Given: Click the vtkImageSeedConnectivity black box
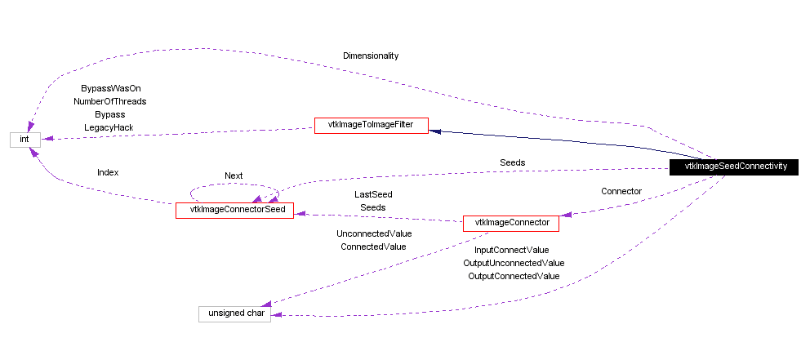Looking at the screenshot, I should click(x=736, y=166).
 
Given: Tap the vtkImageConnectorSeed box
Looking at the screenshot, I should click(x=234, y=210).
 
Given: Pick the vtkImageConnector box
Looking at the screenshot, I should click(x=511, y=222).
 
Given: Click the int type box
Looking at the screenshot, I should click(x=24, y=140).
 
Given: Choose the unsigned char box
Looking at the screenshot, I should click(x=234, y=314).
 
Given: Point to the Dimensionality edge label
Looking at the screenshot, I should click(x=371, y=56).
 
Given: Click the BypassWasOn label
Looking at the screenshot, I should click(x=105, y=88).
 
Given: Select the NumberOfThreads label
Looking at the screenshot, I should click(x=109, y=101).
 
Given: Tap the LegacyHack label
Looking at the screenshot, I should click(x=109, y=127).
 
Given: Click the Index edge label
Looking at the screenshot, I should click(x=108, y=172).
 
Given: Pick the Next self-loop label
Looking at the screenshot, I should click(x=234, y=176).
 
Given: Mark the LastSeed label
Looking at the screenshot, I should click(x=372, y=194).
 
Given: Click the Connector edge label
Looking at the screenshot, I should click(x=621, y=191).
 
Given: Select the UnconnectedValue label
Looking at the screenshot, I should click(x=374, y=233).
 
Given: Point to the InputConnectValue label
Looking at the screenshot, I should click(x=512, y=250).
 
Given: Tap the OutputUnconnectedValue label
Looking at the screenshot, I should click(x=514, y=263).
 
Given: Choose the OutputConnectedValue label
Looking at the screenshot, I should click(x=514, y=276).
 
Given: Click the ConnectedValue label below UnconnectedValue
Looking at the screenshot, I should click(x=373, y=246).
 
